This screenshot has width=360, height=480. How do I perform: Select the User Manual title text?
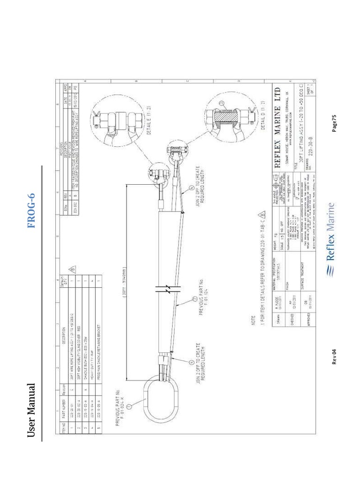(x=31, y=410)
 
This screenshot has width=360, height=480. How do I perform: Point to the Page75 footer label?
(x=334, y=123)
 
